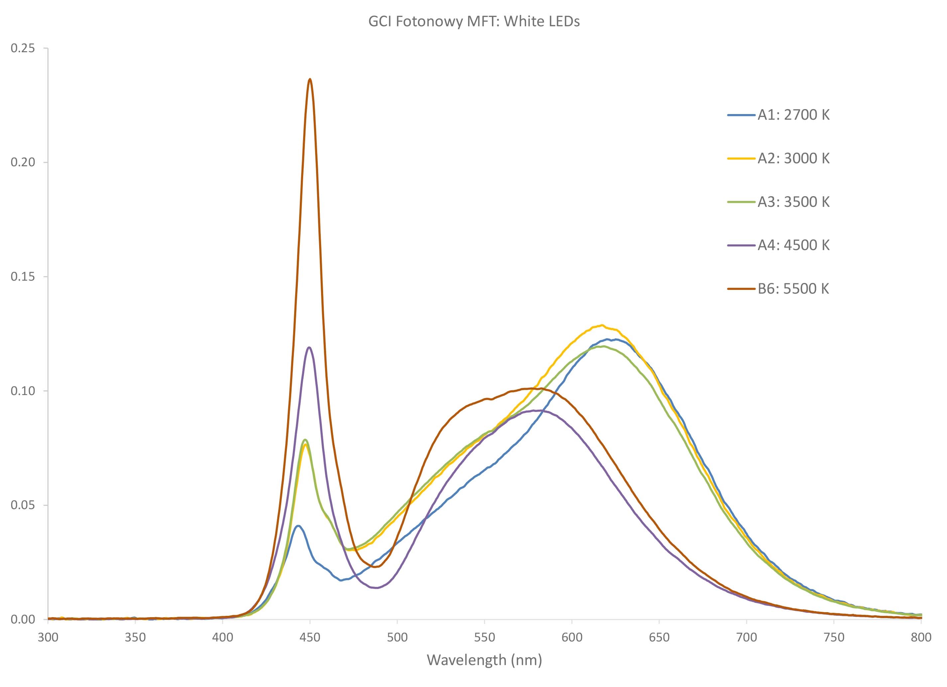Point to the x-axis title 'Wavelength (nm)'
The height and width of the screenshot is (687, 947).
click(x=484, y=660)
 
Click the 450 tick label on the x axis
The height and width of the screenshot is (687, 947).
click(x=310, y=638)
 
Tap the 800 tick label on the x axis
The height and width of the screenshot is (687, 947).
click(x=921, y=638)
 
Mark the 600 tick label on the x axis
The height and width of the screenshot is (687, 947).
click(x=572, y=638)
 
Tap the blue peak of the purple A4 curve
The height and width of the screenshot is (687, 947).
click(x=309, y=347)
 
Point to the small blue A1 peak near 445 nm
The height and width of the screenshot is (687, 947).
click(x=298, y=526)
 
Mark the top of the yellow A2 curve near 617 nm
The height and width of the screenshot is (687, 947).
click(x=602, y=325)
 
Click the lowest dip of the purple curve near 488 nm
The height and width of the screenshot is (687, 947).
click(x=377, y=588)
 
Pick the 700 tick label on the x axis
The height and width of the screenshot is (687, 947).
click(x=747, y=638)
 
